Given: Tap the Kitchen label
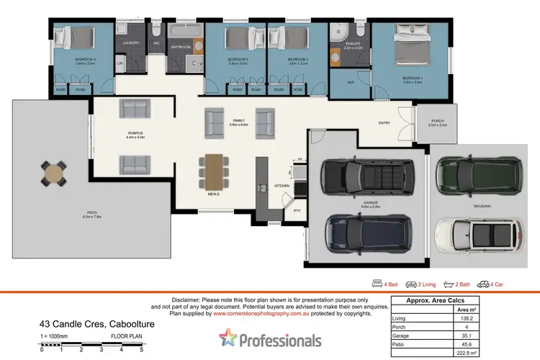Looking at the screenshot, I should click(282, 186).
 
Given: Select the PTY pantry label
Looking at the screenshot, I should click(296, 210).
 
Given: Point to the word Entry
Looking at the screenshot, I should click(384, 123).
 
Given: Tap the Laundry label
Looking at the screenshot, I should click(131, 43).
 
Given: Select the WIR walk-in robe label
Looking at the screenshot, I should click(351, 83).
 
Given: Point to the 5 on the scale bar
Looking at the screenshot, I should click(142, 350).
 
